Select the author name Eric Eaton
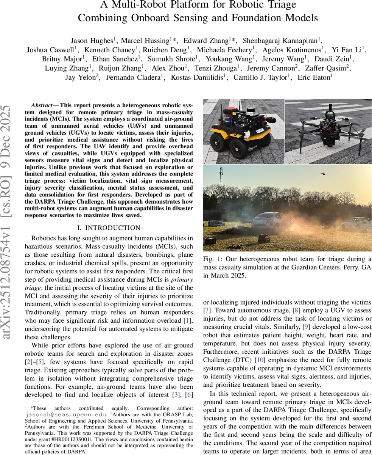click(x=318, y=77)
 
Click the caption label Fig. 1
click(x=210, y=259)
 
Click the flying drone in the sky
click(x=324, y=173)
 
